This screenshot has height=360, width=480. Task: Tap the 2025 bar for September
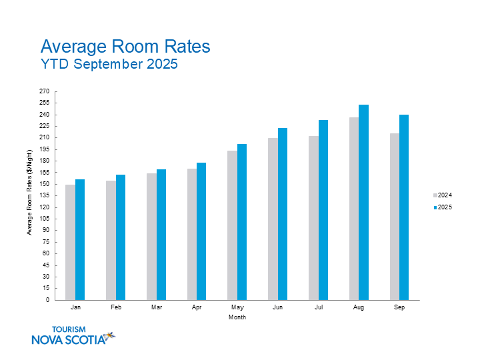click(x=404, y=207)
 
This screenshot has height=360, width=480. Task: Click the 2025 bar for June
click(x=283, y=214)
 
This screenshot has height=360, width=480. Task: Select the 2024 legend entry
click(x=443, y=195)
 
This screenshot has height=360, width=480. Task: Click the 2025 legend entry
click(x=443, y=207)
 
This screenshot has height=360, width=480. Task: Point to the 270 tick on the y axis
click(x=45, y=91)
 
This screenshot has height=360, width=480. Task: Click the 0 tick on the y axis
click(x=47, y=300)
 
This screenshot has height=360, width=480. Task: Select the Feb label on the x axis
click(x=115, y=308)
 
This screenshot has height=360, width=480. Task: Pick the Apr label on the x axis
click(x=197, y=308)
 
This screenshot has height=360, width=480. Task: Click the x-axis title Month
click(x=237, y=317)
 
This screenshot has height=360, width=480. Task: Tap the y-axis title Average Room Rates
click(x=29, y=193)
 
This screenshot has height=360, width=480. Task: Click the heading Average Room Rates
click(x=125, y=47)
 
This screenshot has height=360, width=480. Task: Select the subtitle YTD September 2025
click(x=109, y=65)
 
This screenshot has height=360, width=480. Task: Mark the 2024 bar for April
click(x=192, y=234)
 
